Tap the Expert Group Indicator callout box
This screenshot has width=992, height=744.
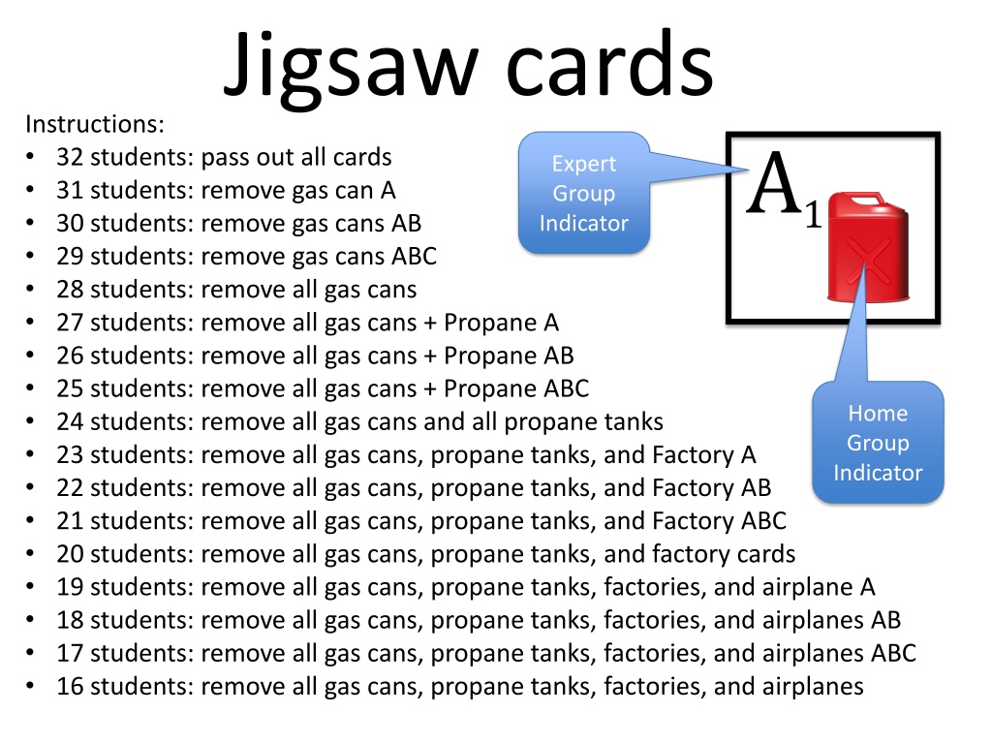(x=584, y=193)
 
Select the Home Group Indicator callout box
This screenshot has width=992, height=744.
(x=878, y=443)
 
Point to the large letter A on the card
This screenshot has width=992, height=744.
(x=776, y=183)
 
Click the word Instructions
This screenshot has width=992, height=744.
(x=95, y=124)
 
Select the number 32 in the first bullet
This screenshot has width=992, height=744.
(x=70, y=157)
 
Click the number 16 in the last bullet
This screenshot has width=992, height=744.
(x=70, y=687)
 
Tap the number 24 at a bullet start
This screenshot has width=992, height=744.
(x=70, y=421)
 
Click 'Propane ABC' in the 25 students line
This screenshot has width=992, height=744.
(x=516, y=388)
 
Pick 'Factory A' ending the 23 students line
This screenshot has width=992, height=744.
(x=704, y=454)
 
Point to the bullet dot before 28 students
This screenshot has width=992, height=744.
(x=33, y=290)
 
